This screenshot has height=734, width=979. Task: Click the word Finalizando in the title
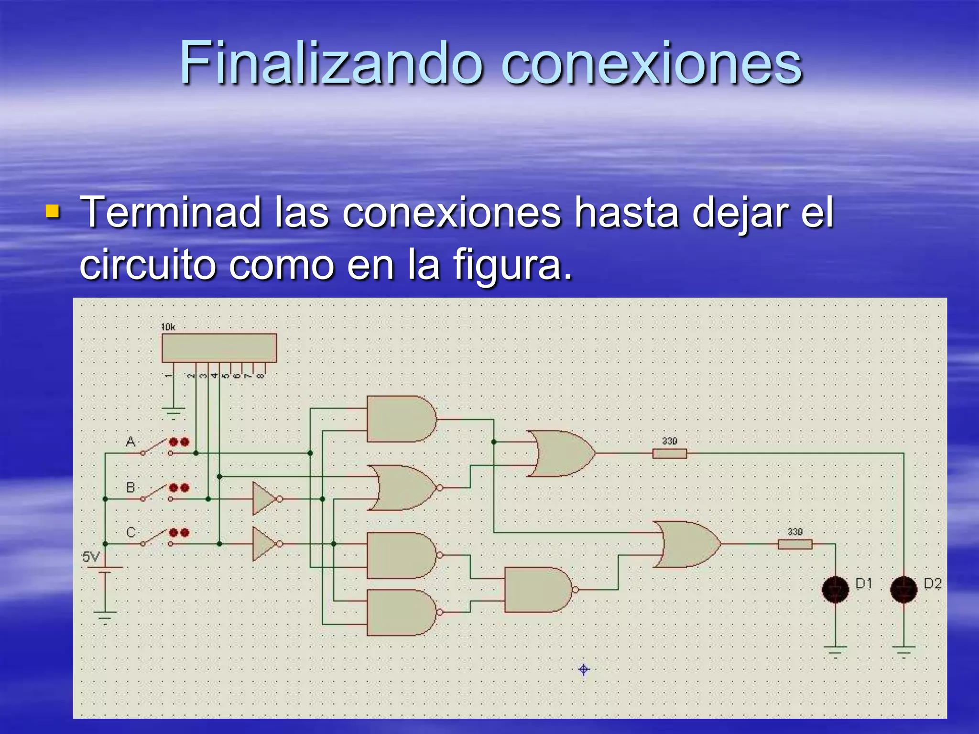pyautogui.click(x=330, y=64)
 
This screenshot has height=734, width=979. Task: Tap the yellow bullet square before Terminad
pyautogui.click(x=52, y=211)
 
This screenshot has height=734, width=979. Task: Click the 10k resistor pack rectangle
pyautogui.click(x=219, y=348)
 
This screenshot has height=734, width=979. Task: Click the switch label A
pyautogui.click(x=131, y=442)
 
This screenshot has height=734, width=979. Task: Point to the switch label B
pyautogui.click(x=131, y=487)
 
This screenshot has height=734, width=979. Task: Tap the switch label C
pyautogui.click(x=131, y=532)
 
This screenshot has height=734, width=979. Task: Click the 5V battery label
pyautogui.click(x=91, y=557)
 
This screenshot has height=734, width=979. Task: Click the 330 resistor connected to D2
pyautogui.click(x=669, y=453)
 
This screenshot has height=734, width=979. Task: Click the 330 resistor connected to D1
pyautogui.click(x=794, y=544)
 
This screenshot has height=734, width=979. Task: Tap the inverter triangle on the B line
pyautogui.click(x=264, y=499)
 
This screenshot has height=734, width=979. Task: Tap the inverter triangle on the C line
pyautogui.click(x=264, y=544)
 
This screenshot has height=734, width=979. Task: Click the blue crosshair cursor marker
pyautogui.click(x=584, y=669)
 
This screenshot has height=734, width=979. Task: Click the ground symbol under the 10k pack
pyautogui.click(x=173, y=412)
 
